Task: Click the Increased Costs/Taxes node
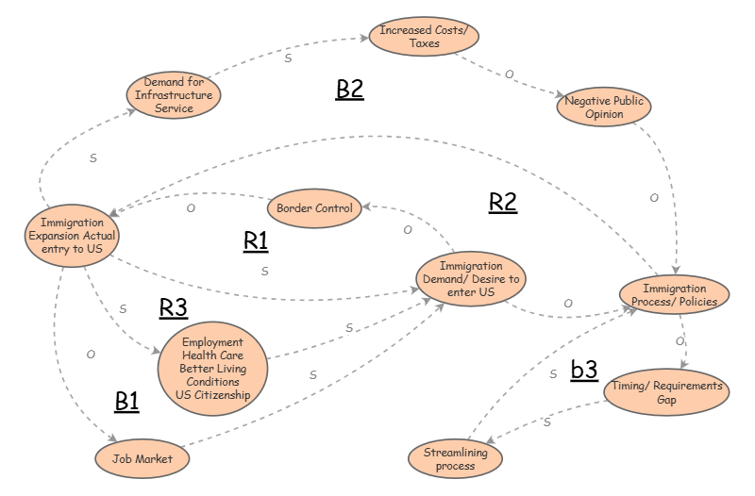424,37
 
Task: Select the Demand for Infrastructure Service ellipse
174,95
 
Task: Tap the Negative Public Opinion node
604,107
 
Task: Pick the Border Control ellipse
315,207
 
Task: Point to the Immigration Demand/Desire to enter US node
468,280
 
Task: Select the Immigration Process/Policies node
674,295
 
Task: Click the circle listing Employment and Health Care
212,369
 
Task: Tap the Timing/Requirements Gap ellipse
666,392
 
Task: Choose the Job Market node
143,458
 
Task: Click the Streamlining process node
456,459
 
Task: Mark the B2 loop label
349,90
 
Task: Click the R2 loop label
503,202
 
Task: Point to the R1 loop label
256,241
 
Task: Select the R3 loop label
174,307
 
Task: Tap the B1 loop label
126,402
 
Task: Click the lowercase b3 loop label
584,370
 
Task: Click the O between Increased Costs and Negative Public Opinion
511,74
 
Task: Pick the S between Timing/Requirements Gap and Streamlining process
546,422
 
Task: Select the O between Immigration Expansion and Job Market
91,355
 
